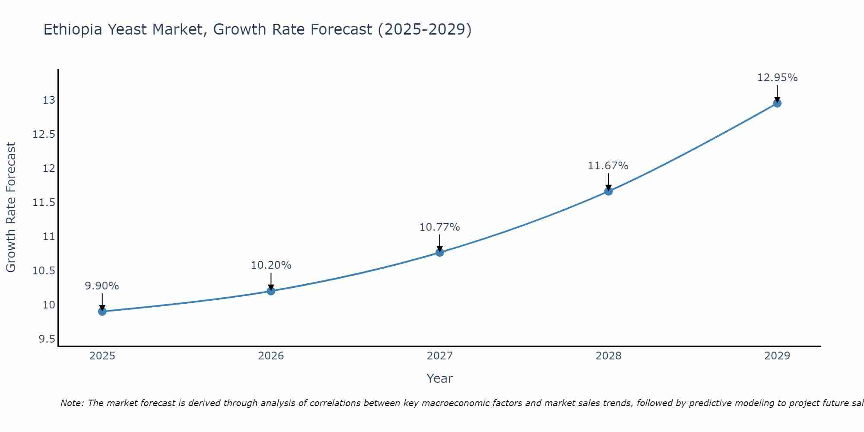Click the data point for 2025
pos(102,311)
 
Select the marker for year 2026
pos(271,291)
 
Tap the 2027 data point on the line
pos(440,252)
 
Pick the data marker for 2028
pos(608,191)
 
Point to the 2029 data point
pos(777,103)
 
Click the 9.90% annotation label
pos(102,286)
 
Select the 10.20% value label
pos(271,265)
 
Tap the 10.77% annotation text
pos(440,227)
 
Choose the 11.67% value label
pos(608,166)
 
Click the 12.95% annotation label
pos(777,78)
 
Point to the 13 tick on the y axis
pos(49,100)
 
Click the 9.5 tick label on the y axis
pos(47,339)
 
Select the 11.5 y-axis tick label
pos(44,202)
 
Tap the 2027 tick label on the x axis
pos(440,356)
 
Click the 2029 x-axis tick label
pos(777,356)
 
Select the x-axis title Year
pos(440,378)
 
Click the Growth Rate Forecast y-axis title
pos(11,207)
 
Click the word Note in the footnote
pos(72,403)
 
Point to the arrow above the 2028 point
pos(608,181)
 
